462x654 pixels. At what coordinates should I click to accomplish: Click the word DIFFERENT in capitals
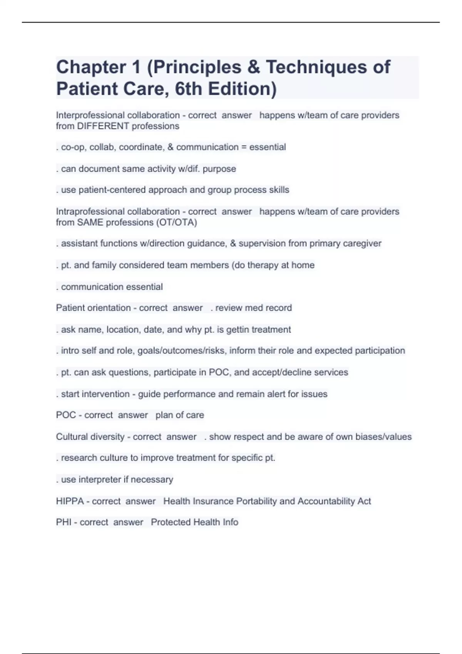coord(103,126)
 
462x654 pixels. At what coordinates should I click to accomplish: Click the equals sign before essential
coord(244,147)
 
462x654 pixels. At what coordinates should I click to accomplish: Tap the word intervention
coord(107,394)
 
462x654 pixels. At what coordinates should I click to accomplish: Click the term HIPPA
coord(70,501)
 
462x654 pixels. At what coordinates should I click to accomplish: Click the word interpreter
coord(99,480)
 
